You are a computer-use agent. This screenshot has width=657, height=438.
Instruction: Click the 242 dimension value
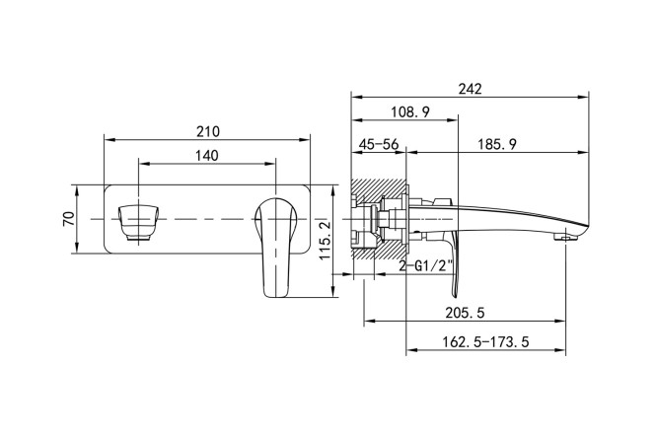[470, 88]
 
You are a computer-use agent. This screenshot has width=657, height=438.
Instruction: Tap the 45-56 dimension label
[379, 144]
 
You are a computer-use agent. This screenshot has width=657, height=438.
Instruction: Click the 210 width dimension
[208, 131]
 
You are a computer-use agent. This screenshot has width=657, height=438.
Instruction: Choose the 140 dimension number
[206, 156]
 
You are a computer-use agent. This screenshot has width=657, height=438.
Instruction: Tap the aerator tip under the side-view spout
[566, 238]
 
